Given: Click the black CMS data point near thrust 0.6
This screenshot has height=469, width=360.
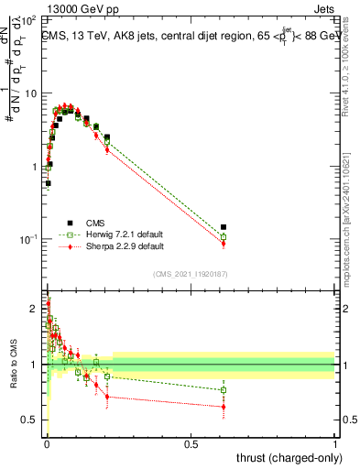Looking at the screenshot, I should point(224,226).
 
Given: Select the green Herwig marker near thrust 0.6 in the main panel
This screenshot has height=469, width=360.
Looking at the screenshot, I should point(224,236).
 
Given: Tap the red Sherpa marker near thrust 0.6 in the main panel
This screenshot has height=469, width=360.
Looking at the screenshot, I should point(224,243).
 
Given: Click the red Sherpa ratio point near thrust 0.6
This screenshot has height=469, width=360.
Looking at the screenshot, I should point(224,407).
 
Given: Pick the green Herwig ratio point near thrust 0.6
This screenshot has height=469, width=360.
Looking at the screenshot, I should point(224,390).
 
